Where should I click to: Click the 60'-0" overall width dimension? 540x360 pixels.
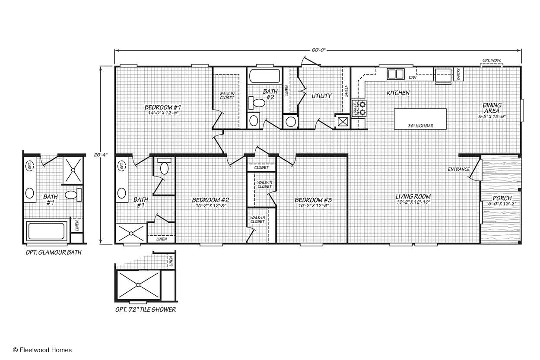click(318, 50)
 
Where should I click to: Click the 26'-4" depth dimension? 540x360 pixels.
click(101, 155)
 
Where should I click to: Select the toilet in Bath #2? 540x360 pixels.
click(257, 103)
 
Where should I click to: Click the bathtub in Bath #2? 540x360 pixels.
click(264, 76)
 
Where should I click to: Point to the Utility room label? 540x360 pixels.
click(321, 96)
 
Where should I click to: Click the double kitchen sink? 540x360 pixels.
click(396, 74)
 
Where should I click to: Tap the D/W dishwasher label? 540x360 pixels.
click(413, 78)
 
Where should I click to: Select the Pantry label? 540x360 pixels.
click(458, 74)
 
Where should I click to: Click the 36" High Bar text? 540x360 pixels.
click(420, 126)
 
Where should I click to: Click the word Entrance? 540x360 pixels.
click(459, 169)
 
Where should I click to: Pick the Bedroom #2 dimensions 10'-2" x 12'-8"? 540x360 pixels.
click(210, 205)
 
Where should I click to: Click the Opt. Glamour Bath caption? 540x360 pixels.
click(54, 253)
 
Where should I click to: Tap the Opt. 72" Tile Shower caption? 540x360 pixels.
click(146, 309)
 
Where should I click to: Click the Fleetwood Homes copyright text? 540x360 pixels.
click(42, 350)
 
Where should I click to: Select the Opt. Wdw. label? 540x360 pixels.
click(492, 60)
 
